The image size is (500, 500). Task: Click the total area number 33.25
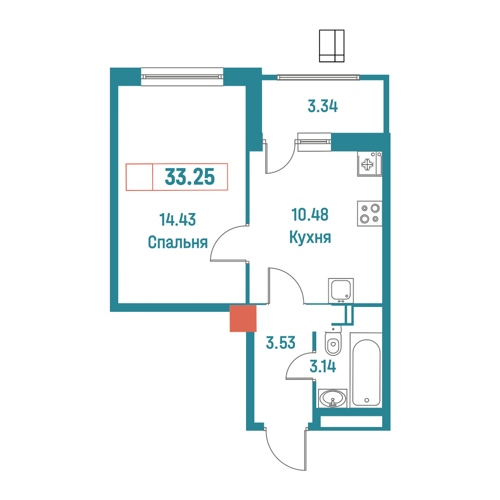tap(190, 177)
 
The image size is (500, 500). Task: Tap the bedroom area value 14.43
tap(177, 220)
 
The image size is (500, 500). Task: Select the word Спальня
tap(177, 242)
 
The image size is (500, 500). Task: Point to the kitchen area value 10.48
tap(310, 214)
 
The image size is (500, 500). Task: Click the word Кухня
tap(310, 237)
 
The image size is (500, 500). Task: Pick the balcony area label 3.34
tap(323, 106)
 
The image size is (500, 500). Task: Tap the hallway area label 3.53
tap(281, 343)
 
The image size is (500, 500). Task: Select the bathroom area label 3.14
tap(323, 367)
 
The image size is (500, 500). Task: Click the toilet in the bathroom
tap(333, 341)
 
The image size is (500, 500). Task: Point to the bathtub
tap(367, 370)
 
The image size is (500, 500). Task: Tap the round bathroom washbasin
tap(333, 398)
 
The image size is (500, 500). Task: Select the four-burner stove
tap(370, 214)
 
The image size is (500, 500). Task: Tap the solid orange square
tap(243, 318)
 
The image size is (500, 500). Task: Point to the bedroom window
tap(182, 77)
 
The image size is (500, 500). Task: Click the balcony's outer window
tap(318, 77)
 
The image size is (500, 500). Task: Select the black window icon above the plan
tap(332, 46)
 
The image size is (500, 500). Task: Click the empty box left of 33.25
tap(139, 177)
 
